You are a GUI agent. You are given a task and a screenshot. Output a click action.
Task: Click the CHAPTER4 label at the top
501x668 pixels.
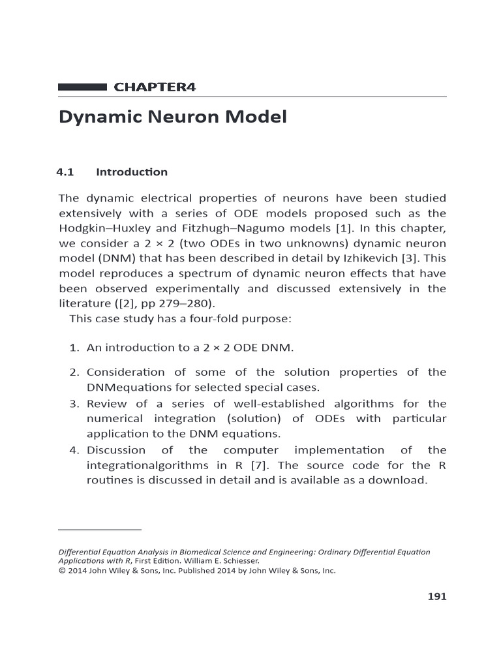click(x=155, y=87)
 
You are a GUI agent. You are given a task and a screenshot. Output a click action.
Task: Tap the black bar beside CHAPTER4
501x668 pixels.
click(x=82, y=87)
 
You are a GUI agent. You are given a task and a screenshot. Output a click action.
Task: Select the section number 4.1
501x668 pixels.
click(x=66, y=172)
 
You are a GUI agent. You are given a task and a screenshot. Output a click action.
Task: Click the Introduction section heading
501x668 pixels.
click(x=132, y=172)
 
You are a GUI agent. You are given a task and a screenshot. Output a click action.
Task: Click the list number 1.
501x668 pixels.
click(x=74, y=348)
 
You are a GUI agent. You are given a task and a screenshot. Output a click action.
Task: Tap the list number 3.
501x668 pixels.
click(x=74, y=404)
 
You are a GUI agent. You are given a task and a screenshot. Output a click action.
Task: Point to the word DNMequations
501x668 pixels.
click(x=127, y=387)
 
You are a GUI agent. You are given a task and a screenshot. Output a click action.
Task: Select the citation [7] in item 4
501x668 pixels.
click(x=262, y=465)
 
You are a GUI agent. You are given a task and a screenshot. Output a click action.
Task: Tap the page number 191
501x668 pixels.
click(x=436, y=596)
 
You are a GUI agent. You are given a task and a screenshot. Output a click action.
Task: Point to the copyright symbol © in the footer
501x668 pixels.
click(x=63, y=570)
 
